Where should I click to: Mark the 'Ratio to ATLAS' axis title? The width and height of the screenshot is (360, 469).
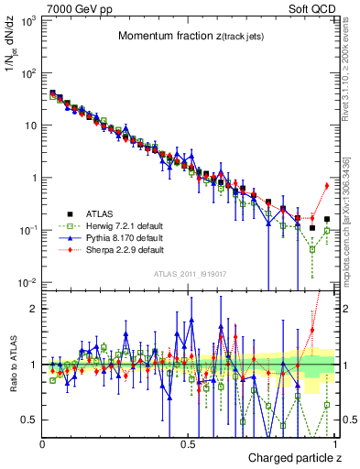[x=12, y=366]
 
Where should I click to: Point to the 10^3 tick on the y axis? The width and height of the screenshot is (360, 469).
[x=27, y=19]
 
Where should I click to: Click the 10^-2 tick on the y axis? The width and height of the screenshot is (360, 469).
[x=27, y=283]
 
